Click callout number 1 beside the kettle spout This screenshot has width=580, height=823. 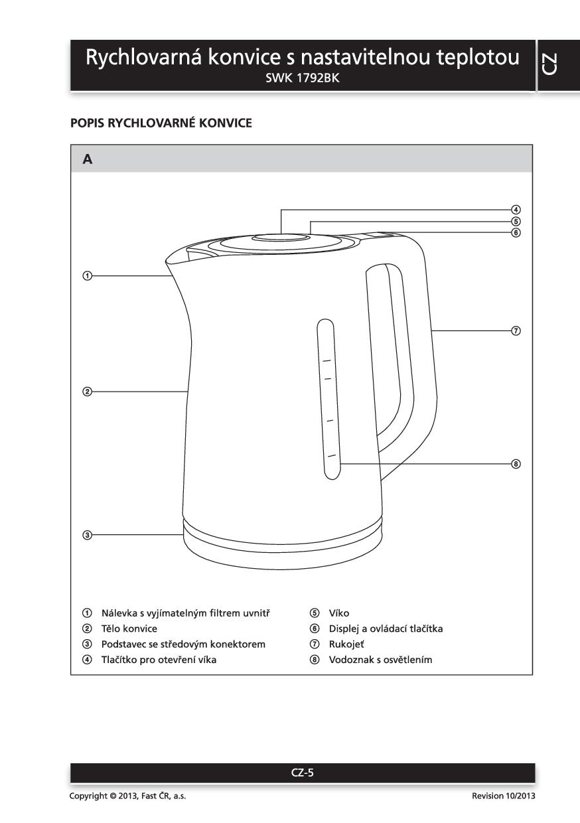[86, 275]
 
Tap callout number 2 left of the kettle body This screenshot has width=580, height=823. [86, 392]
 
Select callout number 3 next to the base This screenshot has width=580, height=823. [86, 534]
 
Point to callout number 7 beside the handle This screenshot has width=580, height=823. [516, 331]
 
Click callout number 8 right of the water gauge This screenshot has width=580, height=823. [516, 463]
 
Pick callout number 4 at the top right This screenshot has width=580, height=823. [516, 210]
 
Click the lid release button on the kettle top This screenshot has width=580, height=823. [281, 238]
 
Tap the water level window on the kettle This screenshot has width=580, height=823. [327, 398]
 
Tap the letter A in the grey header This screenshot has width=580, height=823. [88, 159]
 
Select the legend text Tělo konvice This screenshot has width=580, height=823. [129, 628]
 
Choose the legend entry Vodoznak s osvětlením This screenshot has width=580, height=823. [380, 660]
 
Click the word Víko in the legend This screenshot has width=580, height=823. [338, 613]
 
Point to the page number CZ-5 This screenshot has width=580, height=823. [303, 772]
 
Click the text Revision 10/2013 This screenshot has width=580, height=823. [503, 796]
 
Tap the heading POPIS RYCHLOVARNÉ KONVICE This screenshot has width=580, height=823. [161, 123]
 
